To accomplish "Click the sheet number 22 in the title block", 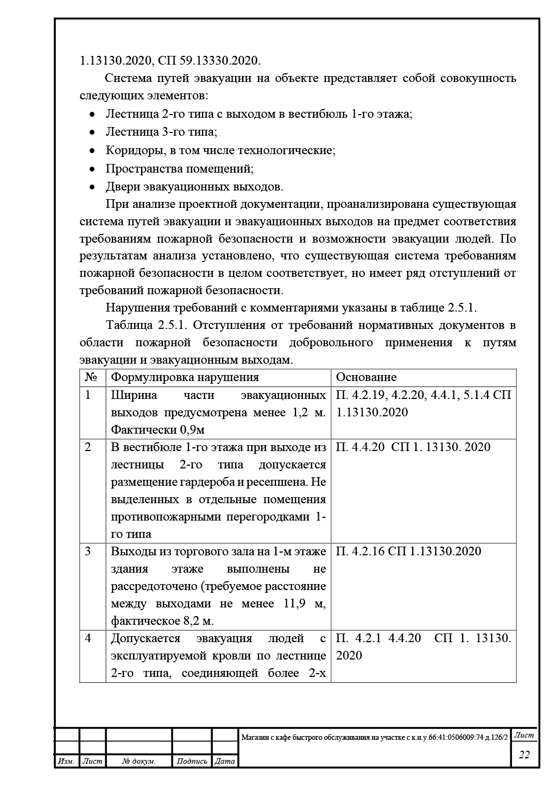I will (x=524, y=755).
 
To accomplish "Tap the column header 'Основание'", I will (x=367, y=377).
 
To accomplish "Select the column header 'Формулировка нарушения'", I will (x=185, y=377).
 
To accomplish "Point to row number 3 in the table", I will (x=89, y=552).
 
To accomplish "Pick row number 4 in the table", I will (x=89, y=638).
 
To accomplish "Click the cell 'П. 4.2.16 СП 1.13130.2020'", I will (x=408, y=552).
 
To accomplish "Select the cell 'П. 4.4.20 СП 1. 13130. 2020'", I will (x=413, y=447).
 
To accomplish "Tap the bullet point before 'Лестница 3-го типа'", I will (x=93, y=132).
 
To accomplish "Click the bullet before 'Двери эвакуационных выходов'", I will (x=93, y=187).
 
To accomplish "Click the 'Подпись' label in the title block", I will (x=192, y=762).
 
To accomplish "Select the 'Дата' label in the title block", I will (x=225, y=762).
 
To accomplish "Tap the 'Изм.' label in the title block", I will (x=66, y=762).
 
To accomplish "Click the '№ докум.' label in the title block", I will (x=139, y=762).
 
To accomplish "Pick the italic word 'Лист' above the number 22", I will (x=524, y=736).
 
